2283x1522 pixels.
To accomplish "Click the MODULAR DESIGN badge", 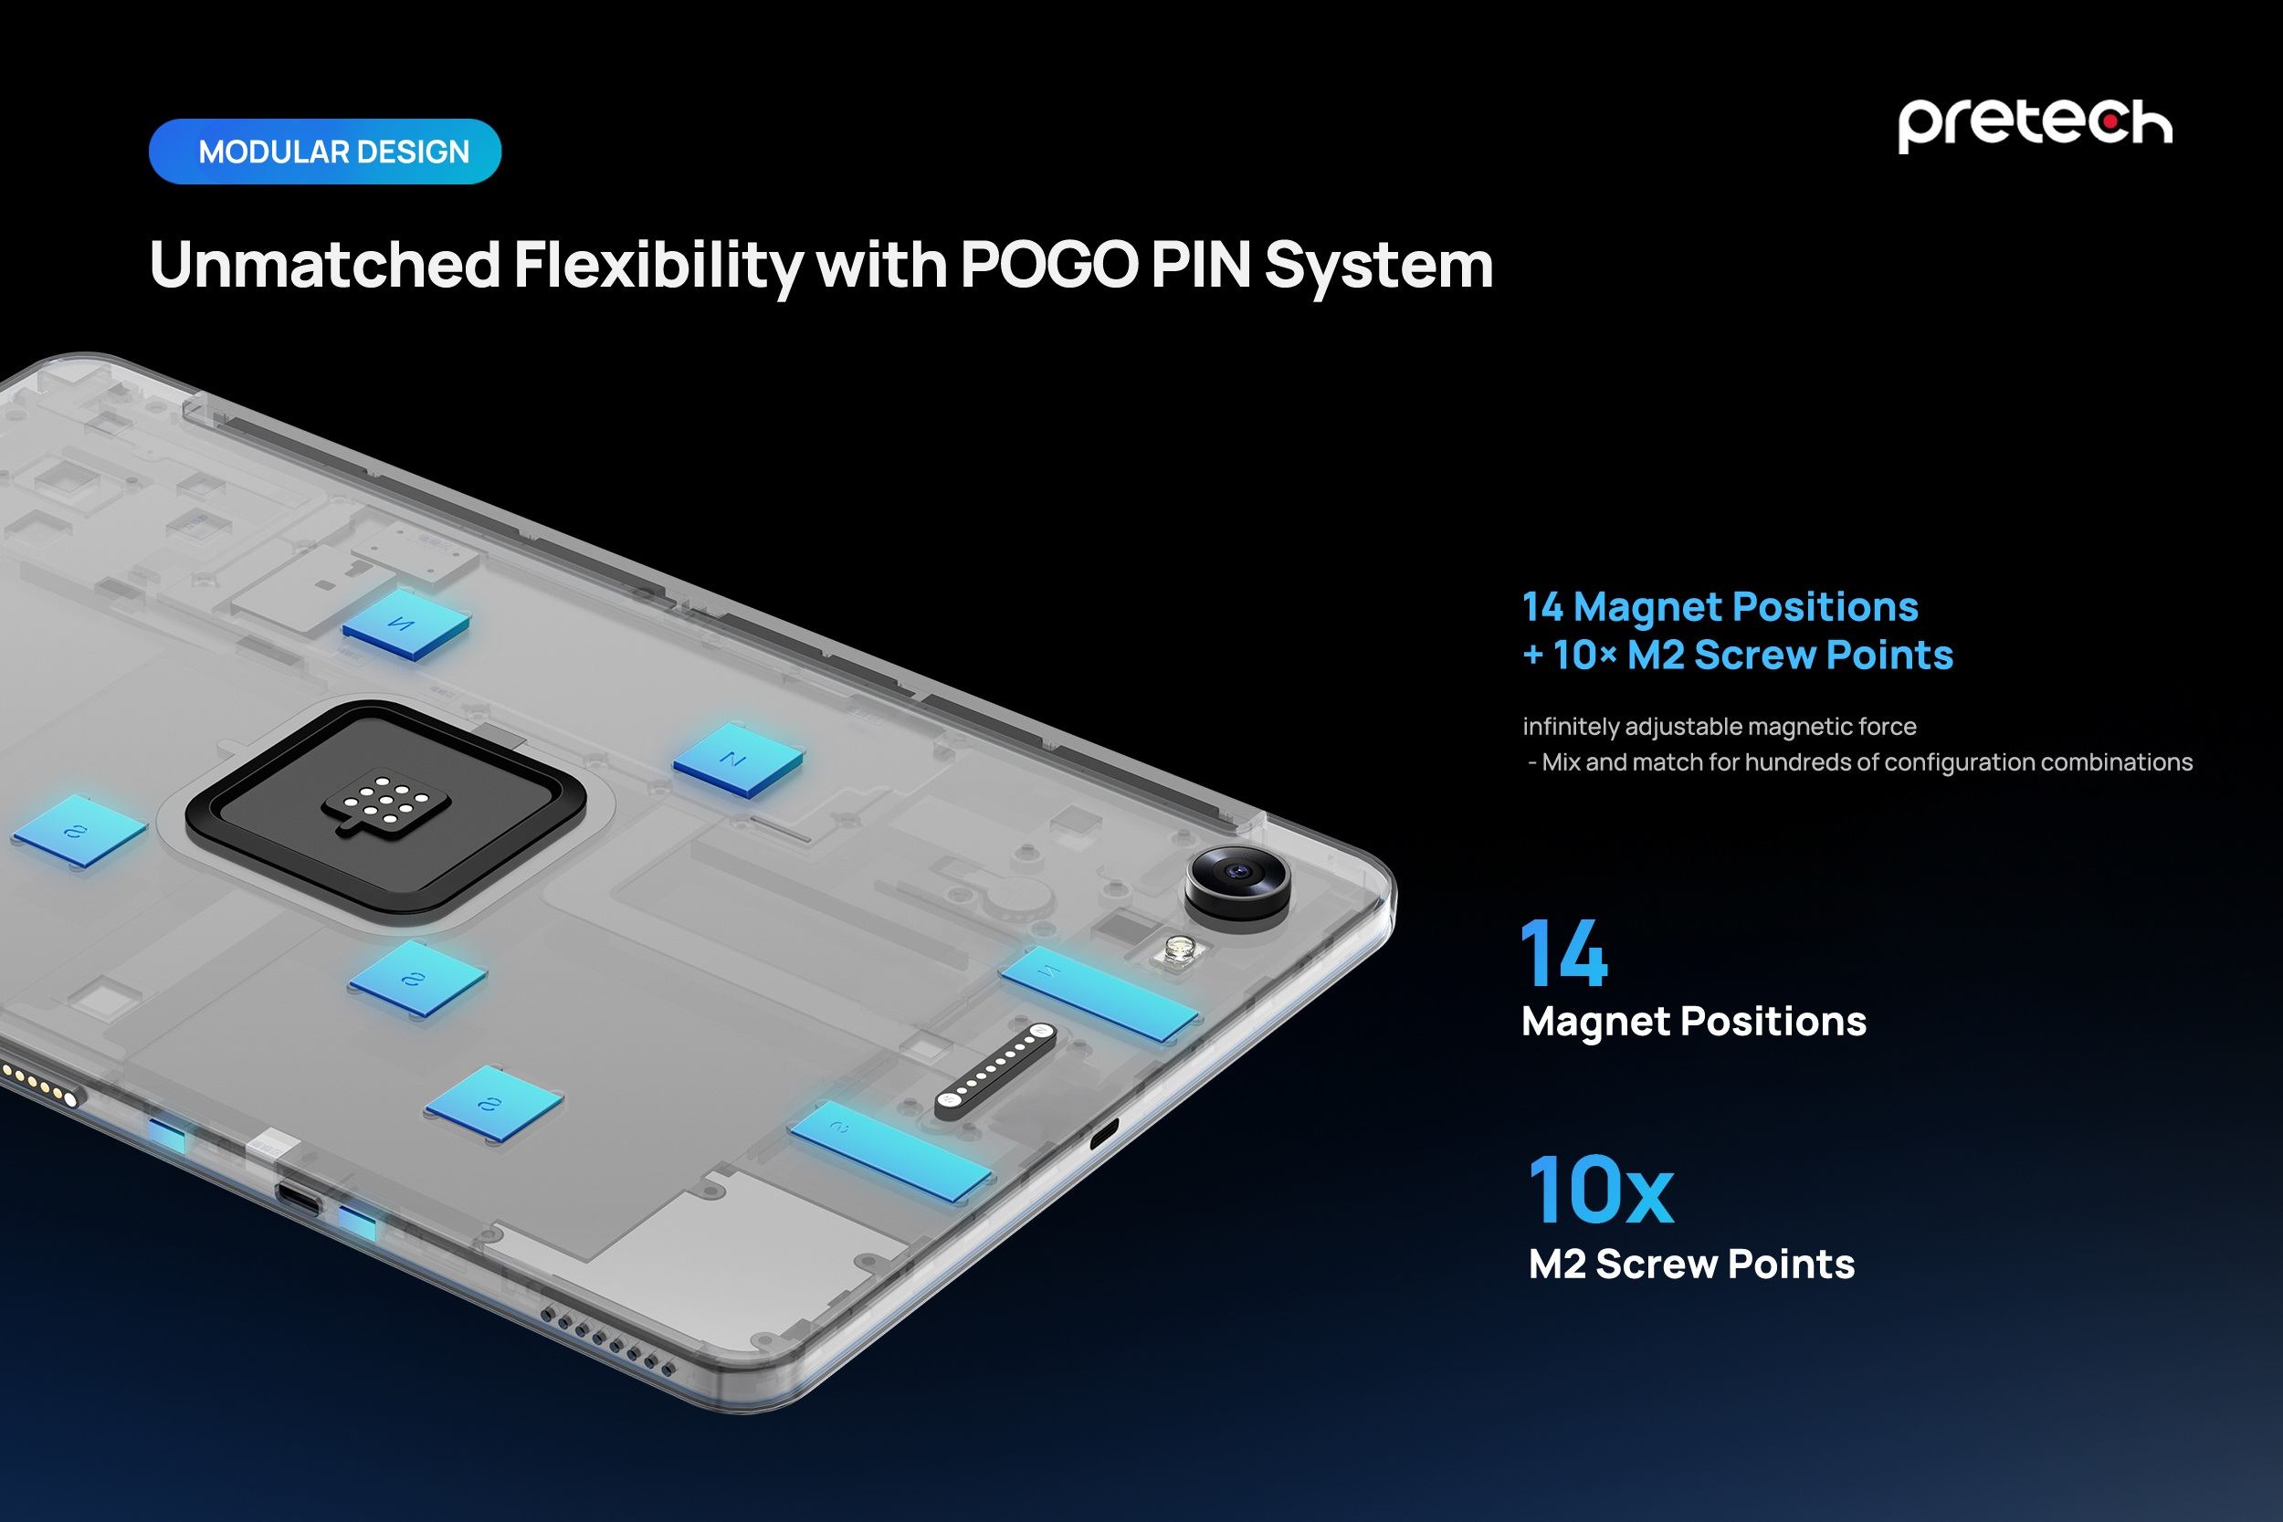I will pyautogui.click(x=324, y=152).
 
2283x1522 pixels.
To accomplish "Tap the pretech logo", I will pyautogui.click(x=2035, y=124).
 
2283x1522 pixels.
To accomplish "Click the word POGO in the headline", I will pyautogui.click(x=1048, y=264).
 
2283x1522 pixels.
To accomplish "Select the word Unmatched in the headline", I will pyautogui.click(x=325, y=264).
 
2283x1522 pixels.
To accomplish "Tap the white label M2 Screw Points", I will pyautogui.click(x=1691, y=1264).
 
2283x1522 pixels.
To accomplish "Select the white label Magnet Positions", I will pyautogui.click(x=1693, y=1021).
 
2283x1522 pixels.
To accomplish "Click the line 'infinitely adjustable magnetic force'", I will pyautogui.click(x=1719, y=726).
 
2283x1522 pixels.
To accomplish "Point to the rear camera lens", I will pyautogui.click(x=1238, y=874).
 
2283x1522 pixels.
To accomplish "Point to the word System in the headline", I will pyautogui.click(x=1378, y=264).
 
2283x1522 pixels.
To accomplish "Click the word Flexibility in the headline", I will pyautogui.click(x=658, y=264).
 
